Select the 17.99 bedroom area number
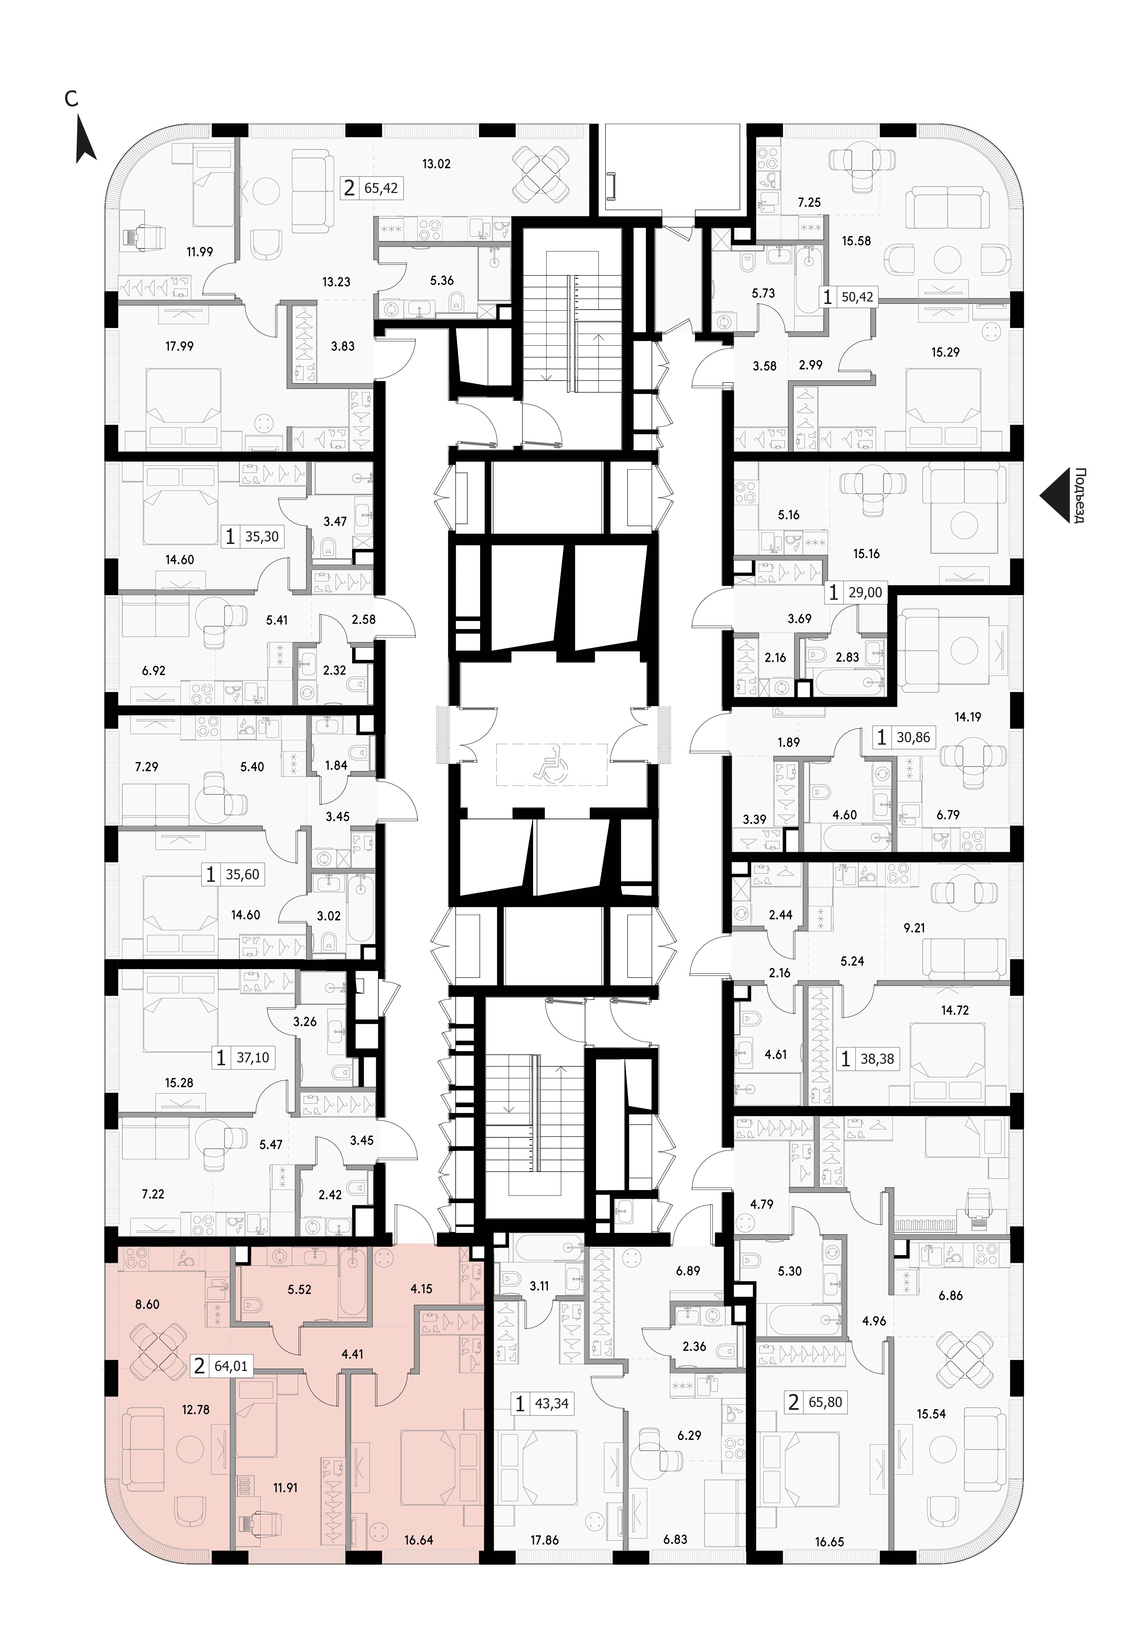tap(180, 346)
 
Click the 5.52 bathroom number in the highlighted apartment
tap(299, 1289)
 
